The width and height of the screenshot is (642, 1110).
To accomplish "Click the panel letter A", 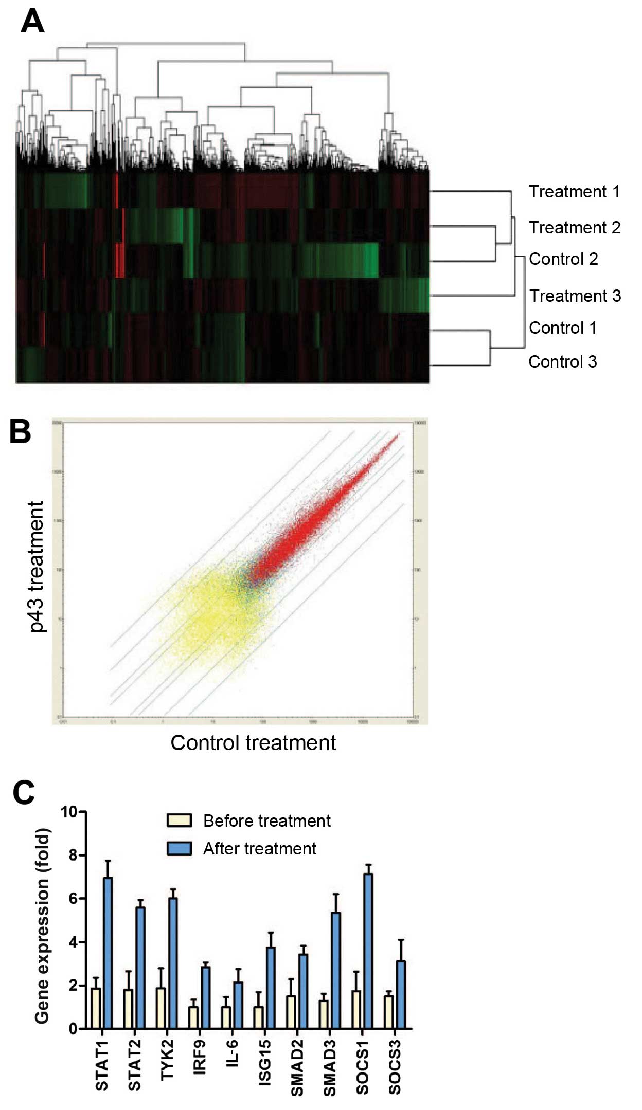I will pyautogui.click(x=32, y=23).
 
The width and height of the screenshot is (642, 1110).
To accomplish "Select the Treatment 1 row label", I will pyautogui.click(x=574, y=192).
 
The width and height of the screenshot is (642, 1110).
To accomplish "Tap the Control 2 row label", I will pyautogui.click(x=563, y=259).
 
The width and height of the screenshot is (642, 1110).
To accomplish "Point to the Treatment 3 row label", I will pyautogui.click(x=575, y=296).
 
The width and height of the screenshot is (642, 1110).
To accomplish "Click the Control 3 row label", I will pyautogui.click(x=562, y=362).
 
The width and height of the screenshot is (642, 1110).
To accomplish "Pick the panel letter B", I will pyautogui.click(x=21, y=432).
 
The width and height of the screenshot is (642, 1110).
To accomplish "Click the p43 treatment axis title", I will pyautogui.click(x=37, y=566).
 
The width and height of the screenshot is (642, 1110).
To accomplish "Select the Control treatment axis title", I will pyautogui.click(x=253, y=743).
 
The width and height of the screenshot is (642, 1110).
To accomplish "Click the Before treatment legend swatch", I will pyautogui.click(x=179, y=820).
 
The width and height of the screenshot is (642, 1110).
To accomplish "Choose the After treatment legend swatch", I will pyautogui.click(x=179, y=848).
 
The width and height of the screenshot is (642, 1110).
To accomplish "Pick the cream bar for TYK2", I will pyautogui.click(x=160, y=1008).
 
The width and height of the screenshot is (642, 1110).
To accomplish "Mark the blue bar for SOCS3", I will pyautogui.click(x=401, y=994).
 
